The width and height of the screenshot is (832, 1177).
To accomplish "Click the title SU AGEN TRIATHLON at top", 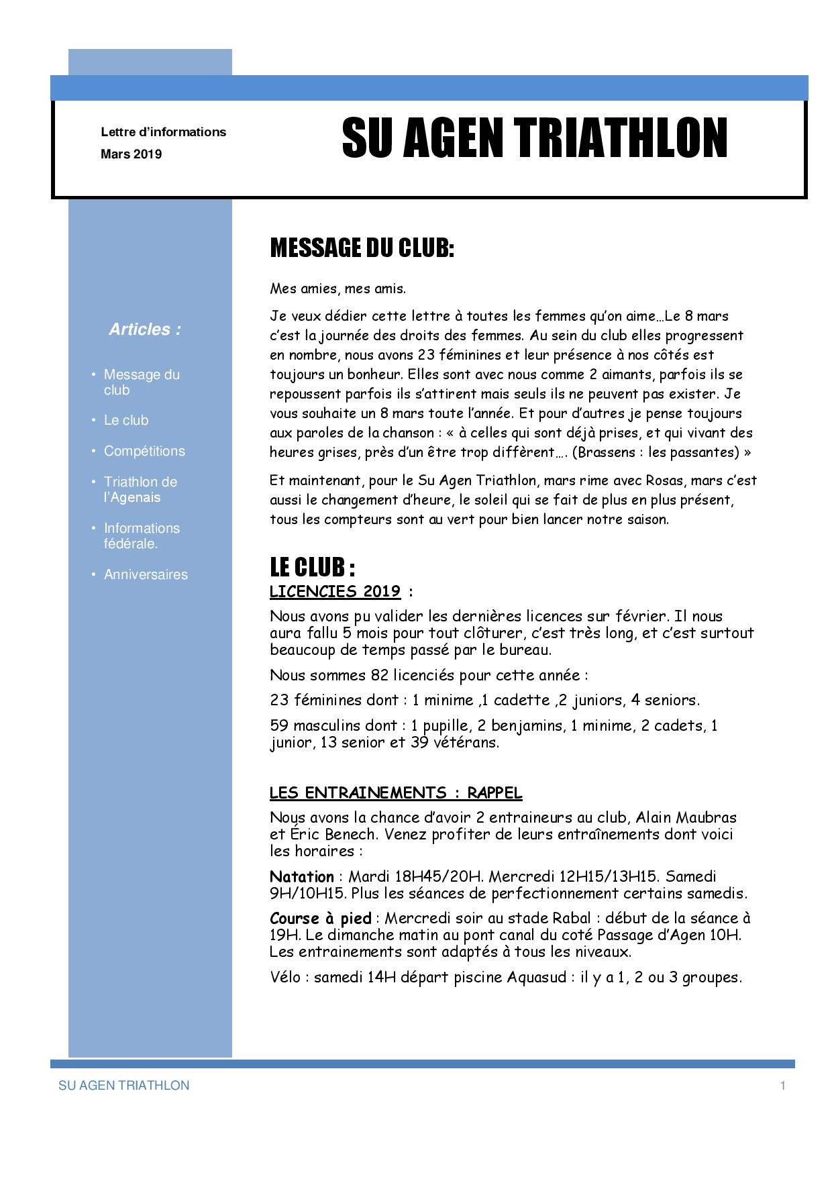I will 534,139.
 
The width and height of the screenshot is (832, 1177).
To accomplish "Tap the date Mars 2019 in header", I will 132,154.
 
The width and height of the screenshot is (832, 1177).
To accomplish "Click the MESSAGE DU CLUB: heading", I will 362,248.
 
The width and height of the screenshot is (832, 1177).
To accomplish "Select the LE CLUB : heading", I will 312,568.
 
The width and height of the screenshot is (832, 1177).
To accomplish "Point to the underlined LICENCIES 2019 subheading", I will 335,592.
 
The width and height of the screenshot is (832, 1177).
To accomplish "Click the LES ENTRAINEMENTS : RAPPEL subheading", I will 395,793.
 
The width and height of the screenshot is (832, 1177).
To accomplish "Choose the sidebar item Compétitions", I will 144,451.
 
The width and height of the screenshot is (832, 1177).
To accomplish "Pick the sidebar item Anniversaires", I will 146,574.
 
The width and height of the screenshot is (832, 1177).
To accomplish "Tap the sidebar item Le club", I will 126,420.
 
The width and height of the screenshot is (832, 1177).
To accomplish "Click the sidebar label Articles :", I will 145,329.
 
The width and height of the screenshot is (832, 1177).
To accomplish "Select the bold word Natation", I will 301,877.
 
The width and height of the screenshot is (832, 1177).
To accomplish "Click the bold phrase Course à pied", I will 321,918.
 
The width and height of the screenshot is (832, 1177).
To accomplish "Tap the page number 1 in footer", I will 782,1086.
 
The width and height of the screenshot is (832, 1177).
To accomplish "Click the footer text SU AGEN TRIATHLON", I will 124,1086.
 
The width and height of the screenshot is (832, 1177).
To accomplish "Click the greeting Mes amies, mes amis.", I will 337,289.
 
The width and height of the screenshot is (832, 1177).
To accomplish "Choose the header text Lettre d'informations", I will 163,132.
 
